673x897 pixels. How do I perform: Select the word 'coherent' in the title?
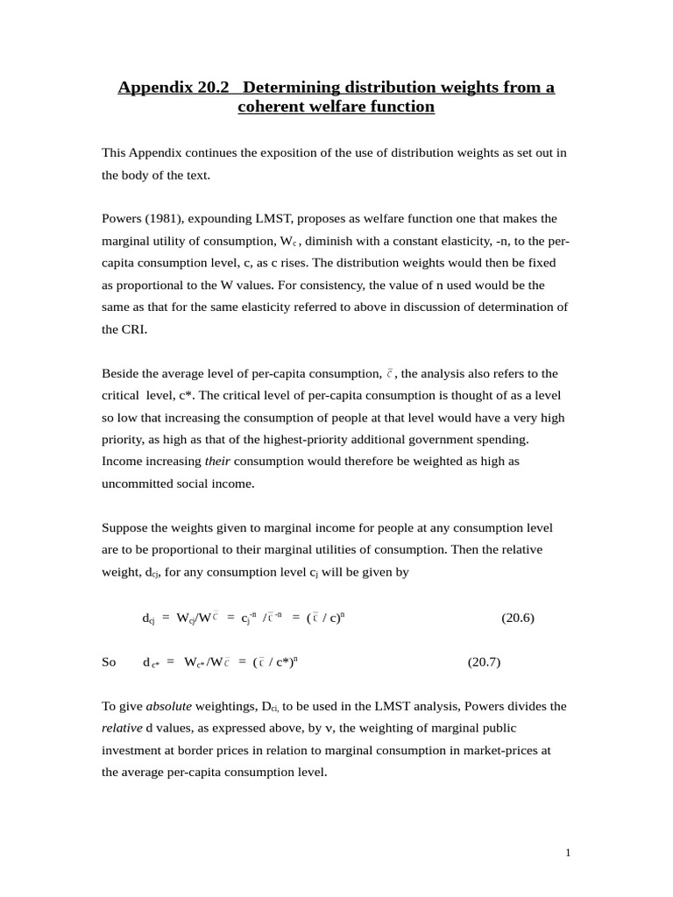pyautogui.click(x=271, y=107)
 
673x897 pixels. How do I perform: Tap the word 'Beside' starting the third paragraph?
pyautogui.click(x=120, y=374)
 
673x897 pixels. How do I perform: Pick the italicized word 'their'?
pyautogui.click(x=217, y=461)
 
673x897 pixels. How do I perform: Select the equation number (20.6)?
pyautogui.click(x=518, y=618)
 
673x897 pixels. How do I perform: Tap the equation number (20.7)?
pyautogui.click(x=484, y=662)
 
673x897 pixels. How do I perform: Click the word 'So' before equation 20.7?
pyautogui.click(x=109, y=662)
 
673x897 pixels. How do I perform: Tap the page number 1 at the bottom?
pyautogui.click(x=568, y=854)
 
